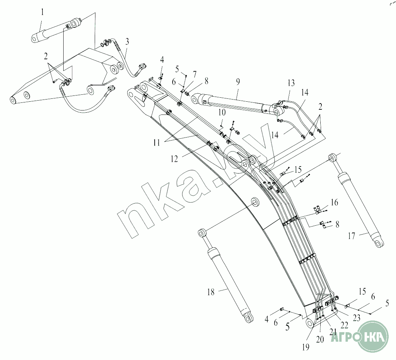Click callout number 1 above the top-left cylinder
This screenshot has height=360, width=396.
point(42,12)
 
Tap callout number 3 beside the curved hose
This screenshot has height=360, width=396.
point(127,41)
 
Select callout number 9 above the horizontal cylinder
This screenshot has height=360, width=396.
point(238,82)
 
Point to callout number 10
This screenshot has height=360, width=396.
point(222,112)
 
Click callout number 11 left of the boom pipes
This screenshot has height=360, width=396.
point(156,143)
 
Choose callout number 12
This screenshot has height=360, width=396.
point(174,159)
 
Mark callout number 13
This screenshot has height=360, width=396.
point(291,83)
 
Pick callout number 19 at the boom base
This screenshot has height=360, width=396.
point(306,346)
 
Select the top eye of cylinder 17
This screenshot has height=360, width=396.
point(332,158)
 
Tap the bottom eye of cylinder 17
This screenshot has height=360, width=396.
point(380,243)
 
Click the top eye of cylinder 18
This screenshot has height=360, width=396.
point(202,233)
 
